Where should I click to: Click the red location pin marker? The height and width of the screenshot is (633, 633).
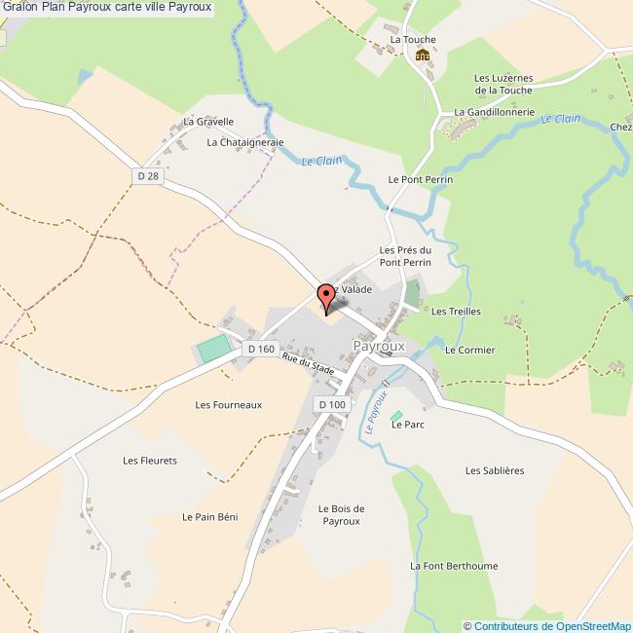pos(326,298)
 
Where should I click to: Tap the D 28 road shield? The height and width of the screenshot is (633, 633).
pos(147,175)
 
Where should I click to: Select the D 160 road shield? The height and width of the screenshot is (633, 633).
pos(261,349)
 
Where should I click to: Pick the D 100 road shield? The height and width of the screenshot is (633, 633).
pos(331,404)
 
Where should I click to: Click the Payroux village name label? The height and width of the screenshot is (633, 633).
pos(379,346)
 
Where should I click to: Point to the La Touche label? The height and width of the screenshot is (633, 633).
pos(413,40)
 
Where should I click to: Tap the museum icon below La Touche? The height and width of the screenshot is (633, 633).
pos(423,56)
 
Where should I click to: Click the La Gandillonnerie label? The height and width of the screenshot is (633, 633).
pos(494,112)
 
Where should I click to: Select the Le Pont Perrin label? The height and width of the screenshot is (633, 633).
pos(421,180)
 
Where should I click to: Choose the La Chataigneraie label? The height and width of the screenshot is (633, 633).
pos(244,142)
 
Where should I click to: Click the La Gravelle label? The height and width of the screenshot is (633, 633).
pos(208,122)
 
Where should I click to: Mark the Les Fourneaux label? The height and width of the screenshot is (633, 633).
pos(228,404)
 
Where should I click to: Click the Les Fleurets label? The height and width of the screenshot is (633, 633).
pos(150,461)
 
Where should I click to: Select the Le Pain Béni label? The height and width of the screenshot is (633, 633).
pos(209,516)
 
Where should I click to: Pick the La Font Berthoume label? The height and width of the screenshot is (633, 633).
pos(454,566)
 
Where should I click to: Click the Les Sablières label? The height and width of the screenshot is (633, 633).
pos(495,470)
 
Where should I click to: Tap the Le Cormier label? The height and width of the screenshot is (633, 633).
pos(469,350)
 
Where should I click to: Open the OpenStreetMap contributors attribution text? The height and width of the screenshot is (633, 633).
pos(547,626)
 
